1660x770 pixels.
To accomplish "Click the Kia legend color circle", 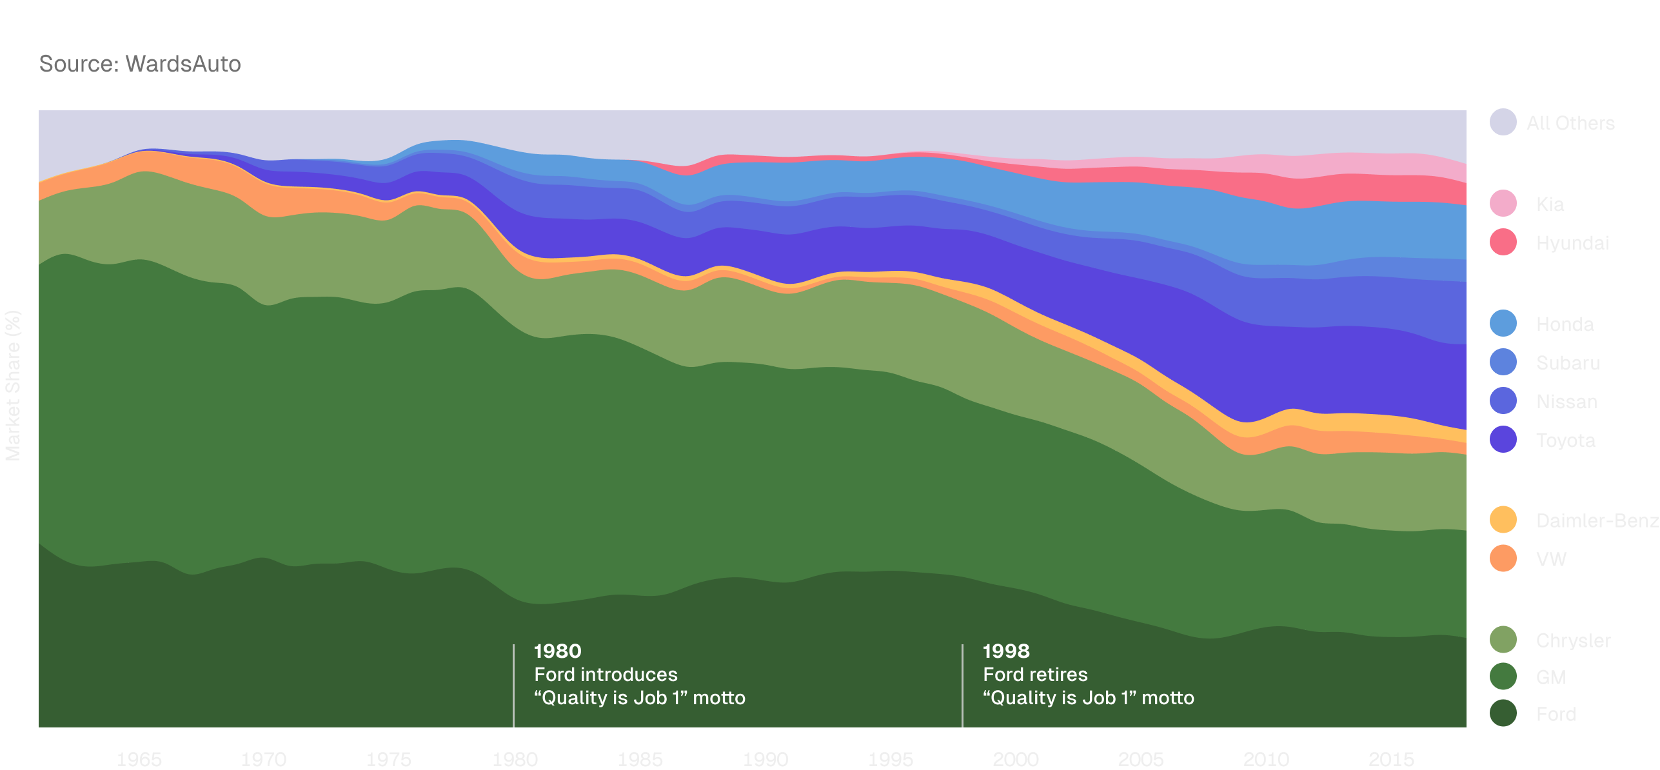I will click(1503, 204).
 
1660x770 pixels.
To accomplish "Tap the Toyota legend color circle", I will click(1503, 440).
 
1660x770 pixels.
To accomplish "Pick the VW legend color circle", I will click(1503, 558).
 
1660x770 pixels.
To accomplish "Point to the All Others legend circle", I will click(1503, 123).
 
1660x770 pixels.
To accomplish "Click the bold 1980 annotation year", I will click(557, 651).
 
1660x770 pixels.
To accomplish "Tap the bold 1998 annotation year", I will click(1005, 651).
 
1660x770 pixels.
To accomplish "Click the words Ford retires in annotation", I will click(1034, 675).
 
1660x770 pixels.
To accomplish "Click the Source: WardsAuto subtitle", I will click(140, 64).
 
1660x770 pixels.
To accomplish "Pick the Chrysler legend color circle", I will click(1503, 640).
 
